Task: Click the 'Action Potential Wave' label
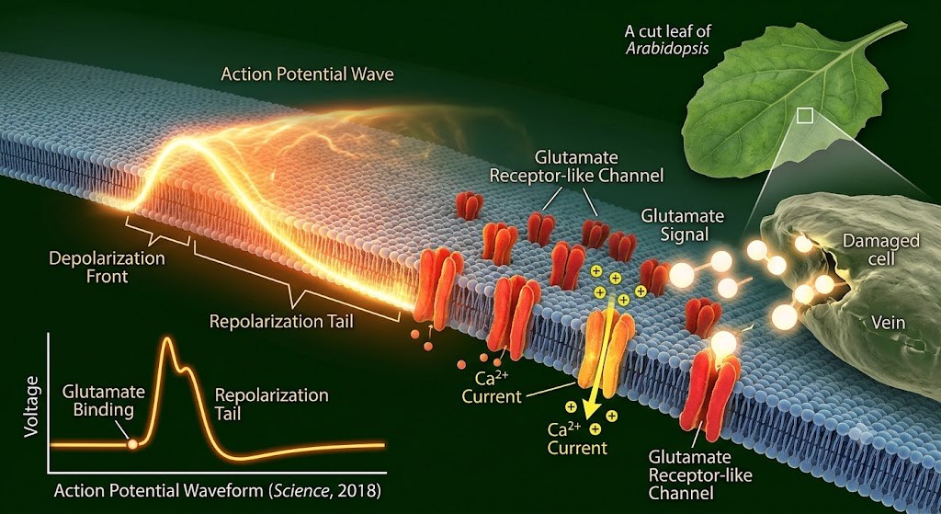307,74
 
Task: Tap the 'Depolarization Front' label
107,268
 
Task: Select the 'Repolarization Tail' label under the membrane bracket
281,321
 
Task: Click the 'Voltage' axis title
32,406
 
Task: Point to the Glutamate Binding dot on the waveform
132,445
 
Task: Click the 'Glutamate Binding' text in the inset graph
103,401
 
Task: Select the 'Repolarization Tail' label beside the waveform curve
271,404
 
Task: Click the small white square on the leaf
805,115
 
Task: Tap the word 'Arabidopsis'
667,48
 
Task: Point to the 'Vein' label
888,323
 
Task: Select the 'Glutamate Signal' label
683,224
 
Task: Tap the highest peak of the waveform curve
167,339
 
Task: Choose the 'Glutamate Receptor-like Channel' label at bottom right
700,475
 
